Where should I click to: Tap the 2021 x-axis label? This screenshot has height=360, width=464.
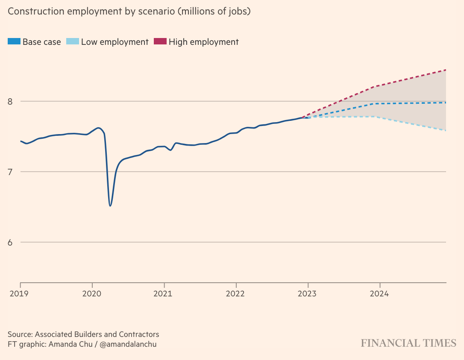click(x=162, y=294)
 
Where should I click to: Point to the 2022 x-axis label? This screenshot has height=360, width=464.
click(x=235, y=294)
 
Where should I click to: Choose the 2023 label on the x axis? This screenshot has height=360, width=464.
click(x=306, y=294)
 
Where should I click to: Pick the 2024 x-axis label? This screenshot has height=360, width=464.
click(x=379, y=294)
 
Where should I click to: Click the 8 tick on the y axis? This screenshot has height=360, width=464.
click(x=11, y=102)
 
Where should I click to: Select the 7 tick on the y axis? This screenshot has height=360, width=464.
click(x=11, y=172)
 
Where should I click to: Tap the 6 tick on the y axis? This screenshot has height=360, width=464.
click(x=11, y=243)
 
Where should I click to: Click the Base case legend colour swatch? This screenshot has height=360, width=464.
click(x=14, y=42)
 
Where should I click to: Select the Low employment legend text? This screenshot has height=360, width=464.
click(x=115, y=42)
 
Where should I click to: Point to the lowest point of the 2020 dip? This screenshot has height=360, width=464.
click(x=110, y=206)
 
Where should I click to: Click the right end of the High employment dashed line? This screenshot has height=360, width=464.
click(x=446, y=70)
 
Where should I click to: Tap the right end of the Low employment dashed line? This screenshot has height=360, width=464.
click(x=446, y=130)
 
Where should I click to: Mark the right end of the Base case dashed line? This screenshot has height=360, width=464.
click(x=446, y=102)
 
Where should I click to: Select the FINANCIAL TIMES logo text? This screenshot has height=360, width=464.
click(x=408, y=343)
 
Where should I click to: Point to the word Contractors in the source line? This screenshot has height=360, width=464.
click(x=136, y=334)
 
